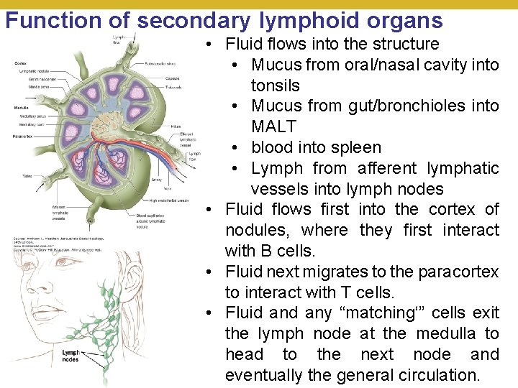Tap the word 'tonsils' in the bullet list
275,86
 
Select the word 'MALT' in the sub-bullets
273,126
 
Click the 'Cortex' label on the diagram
21,63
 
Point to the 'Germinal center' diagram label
29,80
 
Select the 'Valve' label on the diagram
27,175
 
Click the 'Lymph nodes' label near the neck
71,356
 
